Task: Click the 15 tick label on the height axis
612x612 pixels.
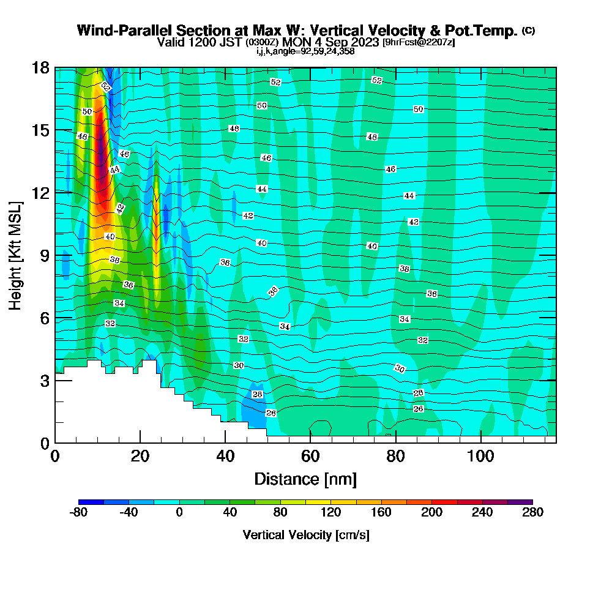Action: pyautogui.click(x=41, y=130)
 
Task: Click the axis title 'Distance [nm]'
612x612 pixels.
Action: pyautogui.click(x=305, y=479)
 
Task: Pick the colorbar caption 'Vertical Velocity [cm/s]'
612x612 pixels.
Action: pyautogui.click(x=305, y=535)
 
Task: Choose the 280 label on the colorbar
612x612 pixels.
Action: pyautogui.click(x=532, y=513)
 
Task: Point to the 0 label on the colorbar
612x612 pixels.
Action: pyautogui.click(x=179, y=513)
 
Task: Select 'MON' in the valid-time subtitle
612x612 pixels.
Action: pyautogui.click(x=294, y=42)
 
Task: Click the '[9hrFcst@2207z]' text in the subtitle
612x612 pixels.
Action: pyautogui.click(x=418, y=42)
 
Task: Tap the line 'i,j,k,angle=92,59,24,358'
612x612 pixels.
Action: pyautogui.click(x=305, y=51)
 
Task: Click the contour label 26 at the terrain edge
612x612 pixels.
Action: pyautogui.click(x=271, y=413)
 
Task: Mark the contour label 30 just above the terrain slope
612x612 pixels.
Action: pyautogui.click(x=239, y=365)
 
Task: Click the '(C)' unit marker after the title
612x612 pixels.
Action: pyautogui.click(x=528, y=31)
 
